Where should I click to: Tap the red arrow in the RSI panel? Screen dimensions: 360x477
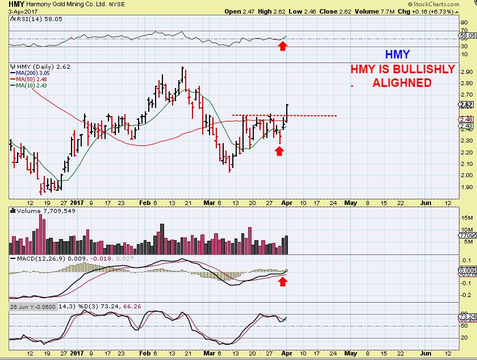pos(282,45)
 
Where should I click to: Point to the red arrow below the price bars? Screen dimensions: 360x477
pos(279,150)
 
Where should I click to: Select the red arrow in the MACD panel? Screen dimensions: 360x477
pos(282,281)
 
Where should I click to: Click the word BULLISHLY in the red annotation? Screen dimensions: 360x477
pos(421,69)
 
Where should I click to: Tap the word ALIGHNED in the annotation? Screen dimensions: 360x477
pos(401,83)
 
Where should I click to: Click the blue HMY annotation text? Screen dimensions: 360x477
pos(397,55)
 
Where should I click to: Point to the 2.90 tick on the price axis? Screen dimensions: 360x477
pos(466,72)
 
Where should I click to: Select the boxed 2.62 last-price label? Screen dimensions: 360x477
pos(467,104)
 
